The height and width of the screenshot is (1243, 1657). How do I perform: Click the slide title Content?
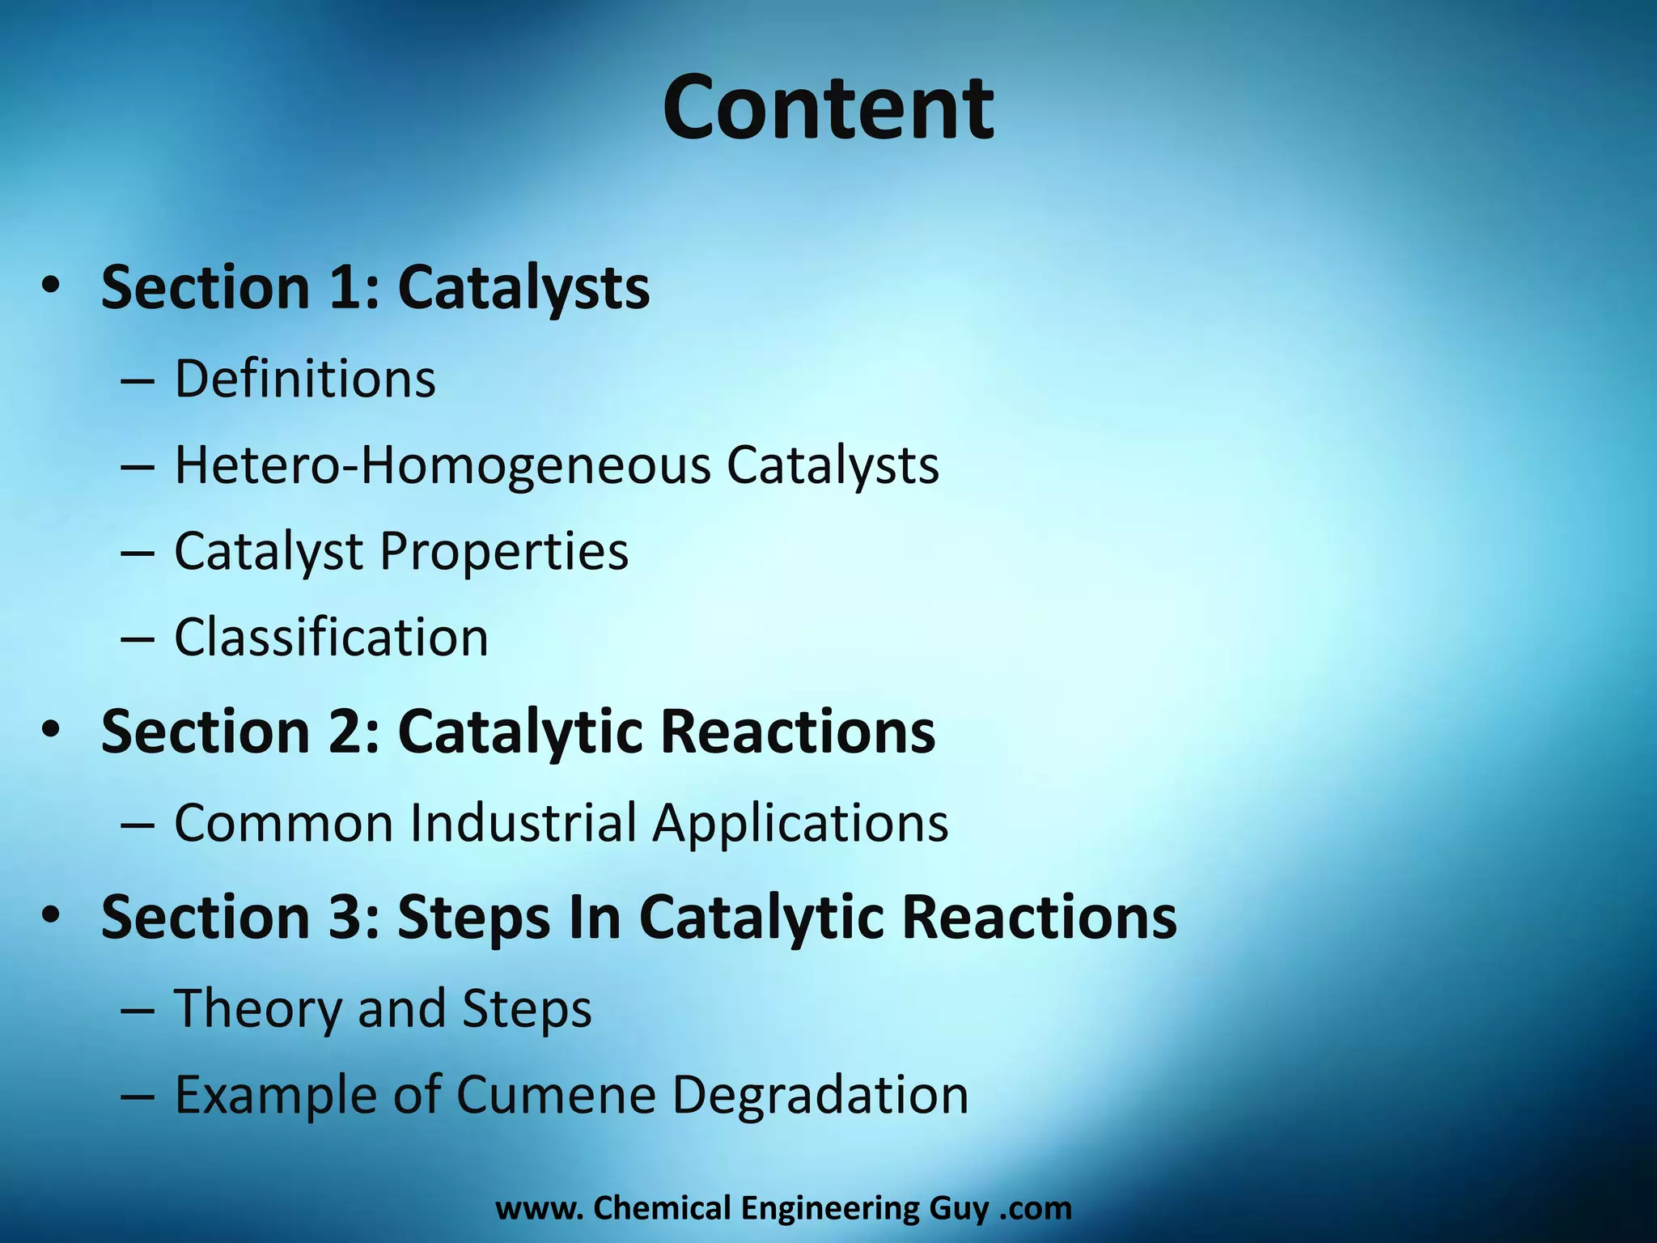pyautogui.click(x=828, y=108)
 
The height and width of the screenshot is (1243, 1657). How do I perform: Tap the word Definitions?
pyautogui.click(x=305, y=379)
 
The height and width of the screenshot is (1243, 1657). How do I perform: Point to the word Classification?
pyautogui.click(x=332, y=638)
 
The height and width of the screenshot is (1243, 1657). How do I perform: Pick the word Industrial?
pyautogui.click(x=523, y=823)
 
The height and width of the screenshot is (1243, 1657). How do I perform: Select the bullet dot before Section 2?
pyautogui.click(x=51, y=731)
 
